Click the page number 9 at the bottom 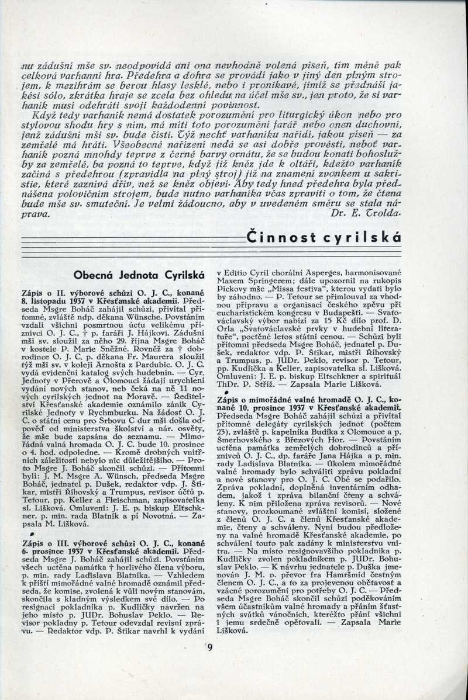tap(210, 646)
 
